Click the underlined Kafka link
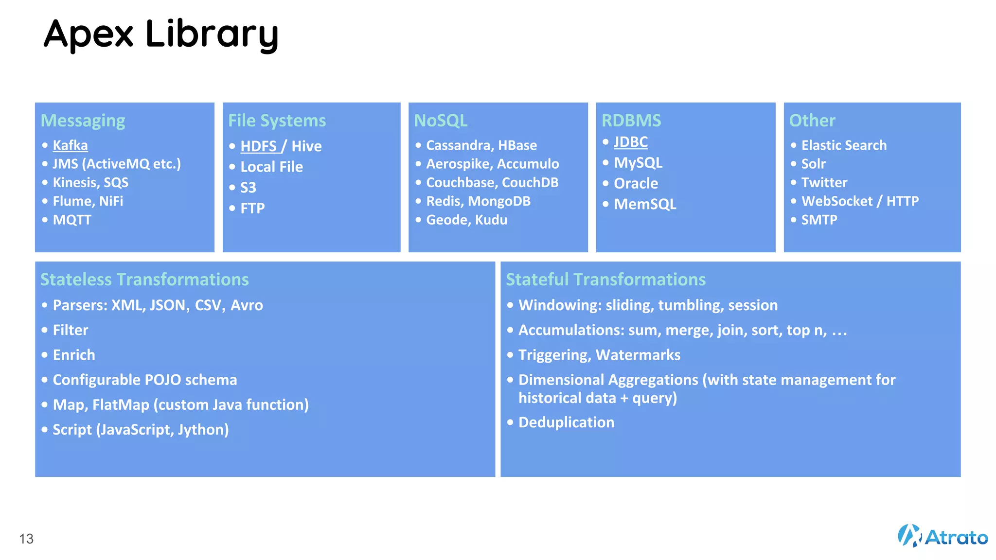70,145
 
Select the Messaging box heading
83,121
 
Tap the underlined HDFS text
259,146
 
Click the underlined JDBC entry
630,142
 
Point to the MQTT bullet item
71,220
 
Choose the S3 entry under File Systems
248,188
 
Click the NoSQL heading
441,121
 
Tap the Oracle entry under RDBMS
636,183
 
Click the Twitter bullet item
824,183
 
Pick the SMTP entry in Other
819,220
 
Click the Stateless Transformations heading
144,280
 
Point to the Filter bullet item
71,330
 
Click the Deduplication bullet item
566,422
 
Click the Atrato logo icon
909,536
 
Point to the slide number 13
26,539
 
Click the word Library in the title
212,34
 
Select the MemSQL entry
645,204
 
